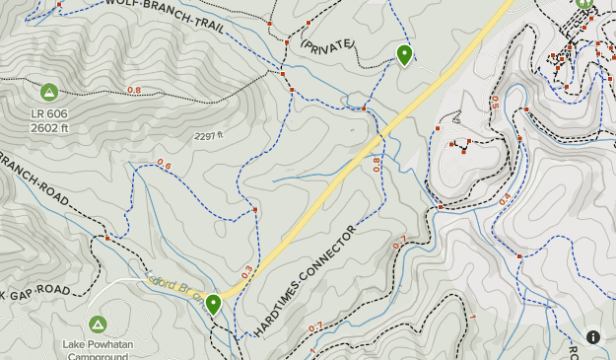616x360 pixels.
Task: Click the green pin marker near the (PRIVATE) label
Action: [x=404, y=54]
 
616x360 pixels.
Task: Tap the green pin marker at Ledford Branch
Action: [x=213, y=304]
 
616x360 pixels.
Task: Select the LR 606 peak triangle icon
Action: [x=49, y=93]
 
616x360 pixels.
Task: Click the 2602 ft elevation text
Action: [x=49, y=127]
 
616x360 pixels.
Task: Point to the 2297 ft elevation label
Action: [x=209, y=136]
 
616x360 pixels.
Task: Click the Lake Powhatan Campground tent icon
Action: [x=98, y=324]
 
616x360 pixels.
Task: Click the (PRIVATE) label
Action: [x=325, y=46]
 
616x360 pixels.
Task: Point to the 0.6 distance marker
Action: [x=164, y=165]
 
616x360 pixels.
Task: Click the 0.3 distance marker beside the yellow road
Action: [x=246, y=269]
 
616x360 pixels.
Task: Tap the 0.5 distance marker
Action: [x=494, y=103]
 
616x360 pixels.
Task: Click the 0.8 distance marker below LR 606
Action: [x=134, y=91]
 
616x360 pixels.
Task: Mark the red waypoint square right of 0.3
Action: [x=256, y=209]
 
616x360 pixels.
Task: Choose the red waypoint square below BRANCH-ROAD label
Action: [x=107, y=238]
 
